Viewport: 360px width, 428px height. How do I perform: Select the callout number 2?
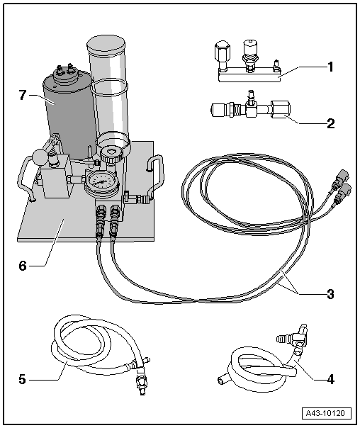(x=330, y=122)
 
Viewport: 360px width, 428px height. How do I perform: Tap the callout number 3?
(x=330, y=292)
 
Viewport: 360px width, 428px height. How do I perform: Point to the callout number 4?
(x=330, y=378)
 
